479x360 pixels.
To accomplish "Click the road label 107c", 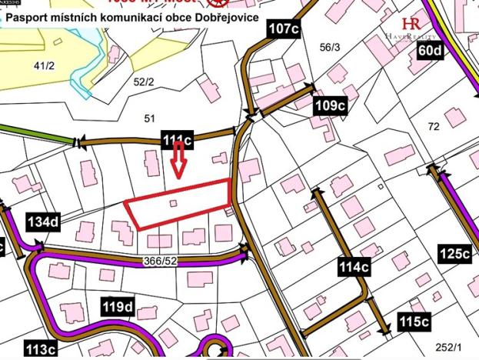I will [x=284, y=29].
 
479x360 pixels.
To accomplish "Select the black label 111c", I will [x=178, y=140].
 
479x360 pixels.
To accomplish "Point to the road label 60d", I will [x=431, y=51].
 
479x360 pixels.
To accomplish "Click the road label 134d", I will [x=42, y=223].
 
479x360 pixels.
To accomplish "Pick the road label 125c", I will [x=454, y=253].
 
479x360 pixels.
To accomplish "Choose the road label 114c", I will [x=354, y=267].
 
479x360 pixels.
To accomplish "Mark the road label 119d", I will [x=118, y=308].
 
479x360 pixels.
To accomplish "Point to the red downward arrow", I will [x=178, y=162].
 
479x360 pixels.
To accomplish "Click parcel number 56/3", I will [x=329, y=48].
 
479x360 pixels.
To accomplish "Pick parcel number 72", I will [x=434, y=125].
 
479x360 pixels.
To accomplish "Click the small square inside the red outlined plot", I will [x=173, y=203].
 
